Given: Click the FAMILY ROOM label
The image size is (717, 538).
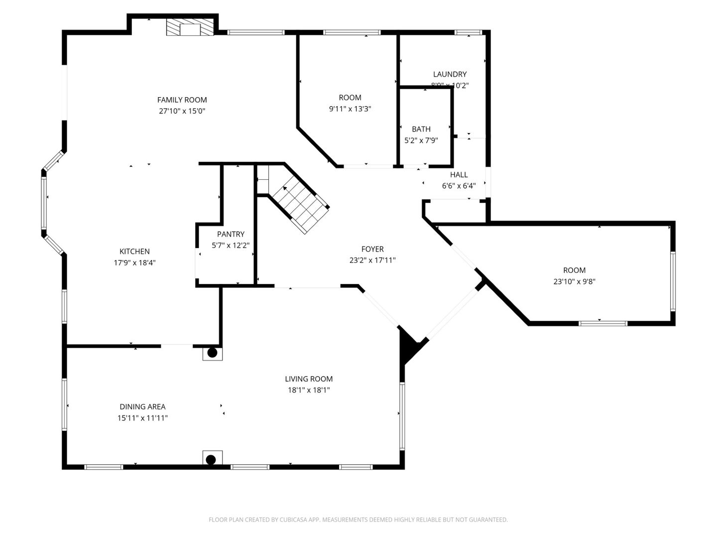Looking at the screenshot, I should click(x=182, y=100).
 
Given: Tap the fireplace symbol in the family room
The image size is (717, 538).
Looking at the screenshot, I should click(x=189, y=28).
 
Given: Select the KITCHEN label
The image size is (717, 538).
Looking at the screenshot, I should click(x=134, y=252).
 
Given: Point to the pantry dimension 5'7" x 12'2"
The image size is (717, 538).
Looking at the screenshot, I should click(x=231, y=245).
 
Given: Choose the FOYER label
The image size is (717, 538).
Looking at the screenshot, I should click(x=372, y=249).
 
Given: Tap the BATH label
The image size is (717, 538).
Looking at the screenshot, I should click(x=421, y=129).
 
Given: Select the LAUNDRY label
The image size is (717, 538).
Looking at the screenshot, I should click(x=450, y=74).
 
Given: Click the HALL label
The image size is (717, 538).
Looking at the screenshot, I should click(x=459, y=175).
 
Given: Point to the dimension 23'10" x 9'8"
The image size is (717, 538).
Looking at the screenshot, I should click(x=574, y=281).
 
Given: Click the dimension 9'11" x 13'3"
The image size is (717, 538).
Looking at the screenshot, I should click(x=350, y=109).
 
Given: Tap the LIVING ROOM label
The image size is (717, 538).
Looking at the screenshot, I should click(x=309, y=379).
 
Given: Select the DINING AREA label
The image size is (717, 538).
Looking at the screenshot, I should click(x=142, y=407).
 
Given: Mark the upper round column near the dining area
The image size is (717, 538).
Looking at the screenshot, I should click(x=212, y=353).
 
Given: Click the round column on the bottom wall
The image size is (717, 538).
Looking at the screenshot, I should click(x=211, y=459).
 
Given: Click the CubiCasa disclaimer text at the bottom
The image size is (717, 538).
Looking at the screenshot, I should click(x=358, y=520).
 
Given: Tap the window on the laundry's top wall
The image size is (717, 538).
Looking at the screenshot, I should click(x=469, y=33).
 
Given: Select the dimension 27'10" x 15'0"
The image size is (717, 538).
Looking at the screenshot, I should click(x=182, y=111).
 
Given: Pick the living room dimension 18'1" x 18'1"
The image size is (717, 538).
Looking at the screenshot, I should click(x=309, y=390).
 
